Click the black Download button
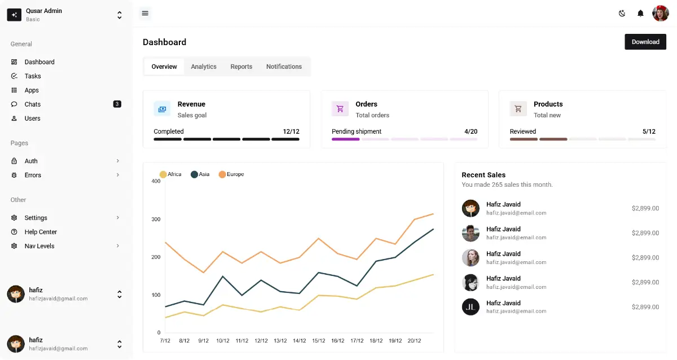[x=645, y=42]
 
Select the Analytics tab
[x=204, y=67]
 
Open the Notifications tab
[x=284, y=67]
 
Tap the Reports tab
[x=241, y=67]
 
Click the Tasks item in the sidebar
[x=33, y=76]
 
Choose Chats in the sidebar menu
[x=33, y=104]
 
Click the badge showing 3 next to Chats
[x=117, y=104]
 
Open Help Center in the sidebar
[x=41, y=232]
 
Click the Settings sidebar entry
[x=36, y=218]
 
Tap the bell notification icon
[x=640, y=14]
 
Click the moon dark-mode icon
[x=622, y=14]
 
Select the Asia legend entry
[x=200, y=174]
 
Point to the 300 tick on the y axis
[x=156, y=219]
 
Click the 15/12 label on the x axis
[x=319, y=341]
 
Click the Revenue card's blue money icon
[x=162, y=109]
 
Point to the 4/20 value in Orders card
[x=471, y=131]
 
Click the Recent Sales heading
[x=483, y=175]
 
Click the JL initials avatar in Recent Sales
[x=471, y=307]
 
